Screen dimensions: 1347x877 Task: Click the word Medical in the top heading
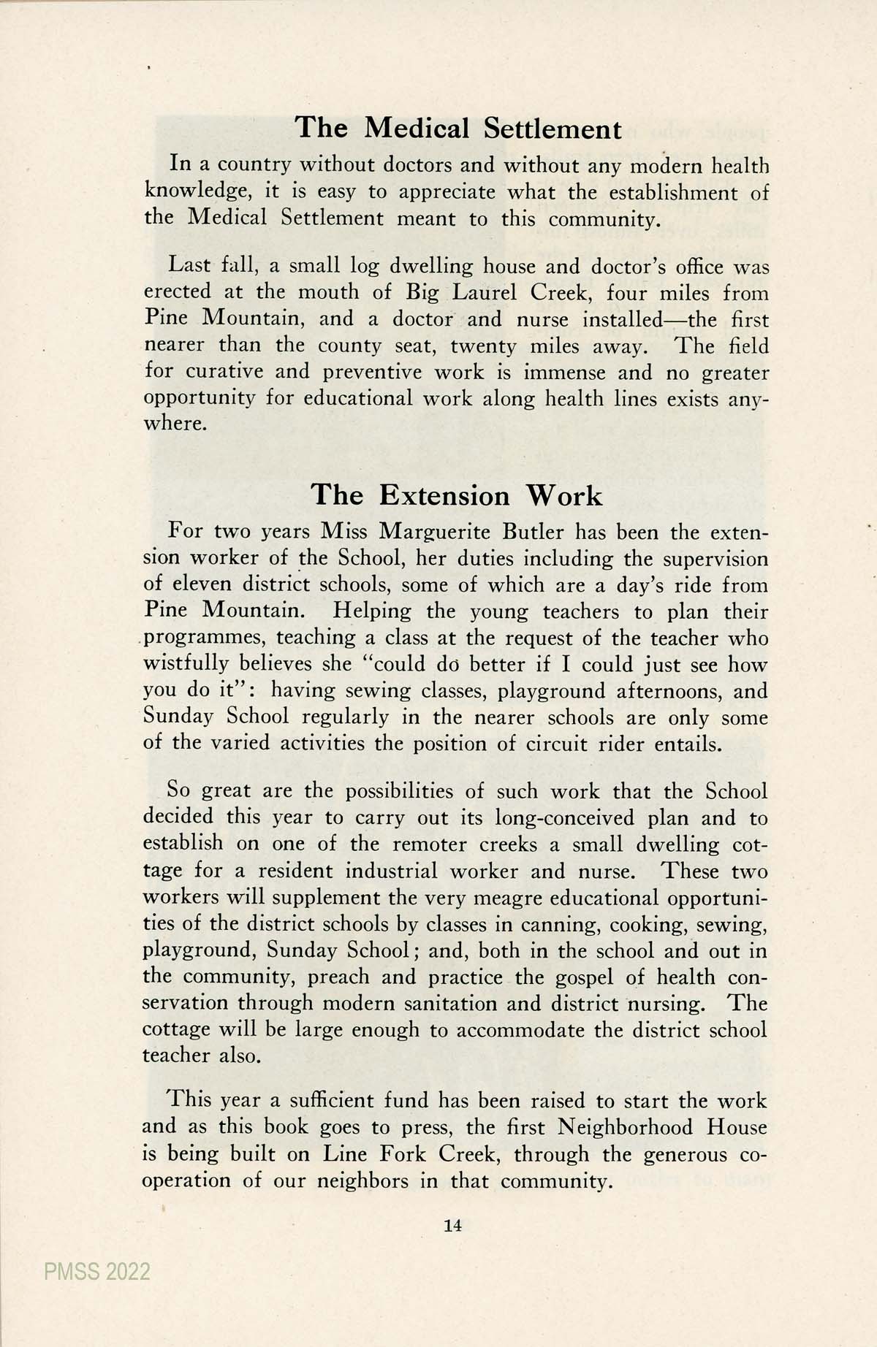[415, 129]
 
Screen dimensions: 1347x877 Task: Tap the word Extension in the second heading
[444, 495]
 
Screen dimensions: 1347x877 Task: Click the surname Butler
[533, 532]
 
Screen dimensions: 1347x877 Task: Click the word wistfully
[183, 665]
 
